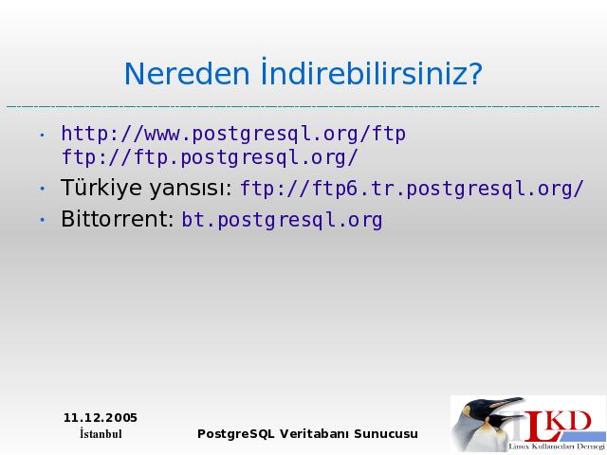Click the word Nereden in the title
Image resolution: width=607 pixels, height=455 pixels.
pyautogui.click(x=187, y=74)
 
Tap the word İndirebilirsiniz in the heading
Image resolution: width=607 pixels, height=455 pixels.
pyautogui.click(x=362, y=72)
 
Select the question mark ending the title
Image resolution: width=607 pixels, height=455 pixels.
pyautogui.click(x=473, y=73)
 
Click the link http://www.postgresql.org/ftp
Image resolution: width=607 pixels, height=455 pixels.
pyautogui.click(x=233, y=135)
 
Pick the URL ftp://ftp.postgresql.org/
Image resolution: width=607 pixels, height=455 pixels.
pyautogui.click(x=210, y=158)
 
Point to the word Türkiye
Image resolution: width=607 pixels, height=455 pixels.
pyautogui.click(x=101, y=188)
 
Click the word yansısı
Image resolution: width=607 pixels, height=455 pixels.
pyautogui.click(x=191, y=189)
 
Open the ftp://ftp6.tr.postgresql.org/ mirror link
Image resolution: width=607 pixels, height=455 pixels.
pyautogui.click(x=412, y=189)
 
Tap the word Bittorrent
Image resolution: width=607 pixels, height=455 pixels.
pyautogui.click(x=118, y=219)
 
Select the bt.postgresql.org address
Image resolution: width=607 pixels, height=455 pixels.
pyautogui.click(x=283, y=220)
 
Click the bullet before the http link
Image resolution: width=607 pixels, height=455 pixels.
pyautogui.click(x=42, y=135)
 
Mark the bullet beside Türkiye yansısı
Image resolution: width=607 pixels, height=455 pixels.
pyautogui.click(x=42, y=189)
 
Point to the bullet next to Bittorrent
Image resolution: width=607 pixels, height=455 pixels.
pyautogui.click(x=42, y=220)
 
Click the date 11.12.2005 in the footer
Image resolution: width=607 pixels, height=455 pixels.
pyautogui.click(x=101, y=418)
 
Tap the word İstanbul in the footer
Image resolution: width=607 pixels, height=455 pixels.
pyautogui.click(x=101, y=434)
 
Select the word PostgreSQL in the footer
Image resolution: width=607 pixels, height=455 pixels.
pyautogui.click(x=236, y=434)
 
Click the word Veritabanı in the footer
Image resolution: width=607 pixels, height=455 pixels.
pyautogui.click(x=315, y=434)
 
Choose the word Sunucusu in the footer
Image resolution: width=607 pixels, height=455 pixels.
pyautogui.click(x=386, y=434)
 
